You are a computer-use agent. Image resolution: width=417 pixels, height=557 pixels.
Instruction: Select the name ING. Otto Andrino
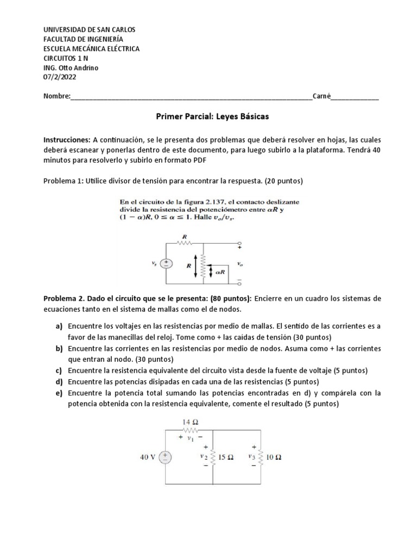[x=71, y=68]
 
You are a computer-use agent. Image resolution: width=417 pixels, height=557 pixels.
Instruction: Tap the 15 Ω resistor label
[x=225, y=457]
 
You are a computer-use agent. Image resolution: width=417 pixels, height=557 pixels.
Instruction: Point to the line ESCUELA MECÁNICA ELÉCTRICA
[x=91, y=48]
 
